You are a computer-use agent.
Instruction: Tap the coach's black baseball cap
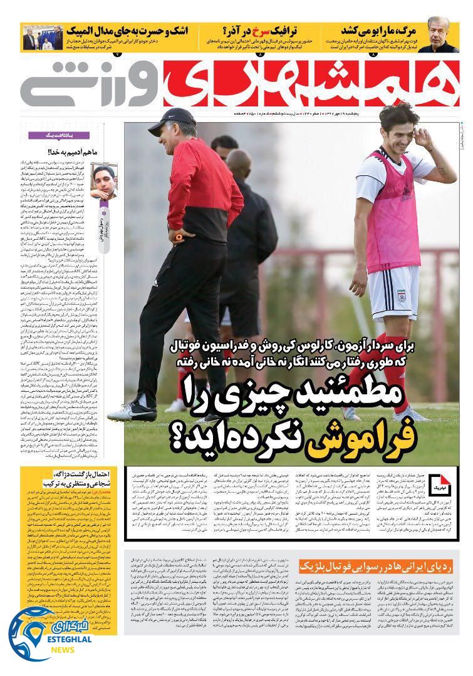point(172,120)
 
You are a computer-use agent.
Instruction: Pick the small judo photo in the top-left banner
point(43,38)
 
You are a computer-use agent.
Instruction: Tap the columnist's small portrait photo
point(103,180)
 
